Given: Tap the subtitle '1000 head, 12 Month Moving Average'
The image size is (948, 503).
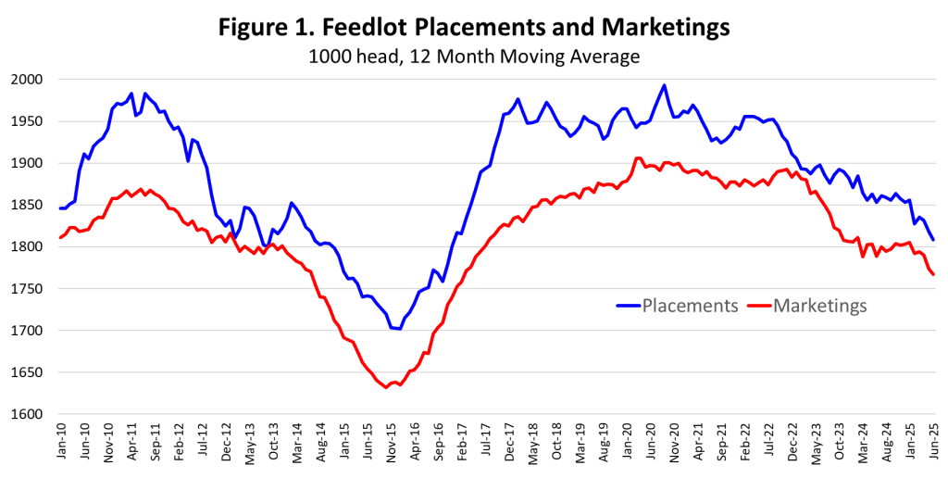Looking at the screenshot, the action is pos(474,57).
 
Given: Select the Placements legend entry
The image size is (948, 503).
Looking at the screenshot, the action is pos(677,306).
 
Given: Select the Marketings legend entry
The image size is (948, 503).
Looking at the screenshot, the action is pos(807,306).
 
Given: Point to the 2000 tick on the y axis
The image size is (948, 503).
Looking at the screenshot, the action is pos(27,80).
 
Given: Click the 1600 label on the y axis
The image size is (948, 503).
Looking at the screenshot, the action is pos(27,415).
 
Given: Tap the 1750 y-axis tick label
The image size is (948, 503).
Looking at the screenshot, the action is pos(27,289).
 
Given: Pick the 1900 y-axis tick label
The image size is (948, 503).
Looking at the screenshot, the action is pos(27,163).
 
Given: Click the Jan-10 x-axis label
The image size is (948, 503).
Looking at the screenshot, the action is pos(61,444).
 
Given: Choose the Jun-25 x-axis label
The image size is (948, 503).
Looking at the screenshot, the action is pos(934,444).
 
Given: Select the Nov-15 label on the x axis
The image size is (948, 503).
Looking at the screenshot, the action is pos(392,444).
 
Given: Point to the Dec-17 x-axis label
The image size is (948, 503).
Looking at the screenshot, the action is pos(510,444).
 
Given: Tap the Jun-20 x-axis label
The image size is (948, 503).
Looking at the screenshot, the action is pos(651,444).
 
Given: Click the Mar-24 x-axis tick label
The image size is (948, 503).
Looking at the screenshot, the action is pos(864,444).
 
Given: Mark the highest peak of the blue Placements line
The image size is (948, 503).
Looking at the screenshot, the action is pos(664,85).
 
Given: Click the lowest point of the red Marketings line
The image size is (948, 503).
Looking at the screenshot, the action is pos(386,387).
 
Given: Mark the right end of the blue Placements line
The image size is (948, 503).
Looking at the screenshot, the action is pos(933,240).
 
